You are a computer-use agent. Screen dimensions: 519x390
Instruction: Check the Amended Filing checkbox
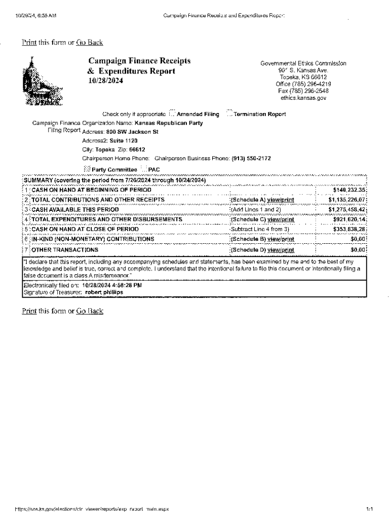172,114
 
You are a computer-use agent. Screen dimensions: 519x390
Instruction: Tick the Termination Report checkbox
229,114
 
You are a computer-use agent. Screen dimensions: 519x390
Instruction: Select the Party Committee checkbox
87,168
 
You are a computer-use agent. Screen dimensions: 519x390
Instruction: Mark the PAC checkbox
144,168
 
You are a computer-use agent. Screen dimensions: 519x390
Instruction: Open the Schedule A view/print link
280,200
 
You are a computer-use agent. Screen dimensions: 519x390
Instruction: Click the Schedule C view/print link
280,219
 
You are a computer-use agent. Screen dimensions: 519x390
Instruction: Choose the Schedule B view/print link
280,239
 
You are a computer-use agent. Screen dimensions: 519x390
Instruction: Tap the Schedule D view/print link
280,250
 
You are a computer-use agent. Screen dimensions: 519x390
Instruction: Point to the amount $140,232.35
349,190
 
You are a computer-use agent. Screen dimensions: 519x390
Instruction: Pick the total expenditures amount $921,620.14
349,219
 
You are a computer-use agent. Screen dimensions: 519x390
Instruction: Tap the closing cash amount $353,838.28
349,229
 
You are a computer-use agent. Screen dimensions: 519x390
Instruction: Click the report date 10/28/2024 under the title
105,81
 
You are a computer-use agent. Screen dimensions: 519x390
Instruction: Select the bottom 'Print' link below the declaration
29,311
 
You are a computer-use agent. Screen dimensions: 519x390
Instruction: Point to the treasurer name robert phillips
104,292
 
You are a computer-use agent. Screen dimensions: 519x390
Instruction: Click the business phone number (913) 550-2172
251,158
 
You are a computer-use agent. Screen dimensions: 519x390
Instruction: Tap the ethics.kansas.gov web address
303,98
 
